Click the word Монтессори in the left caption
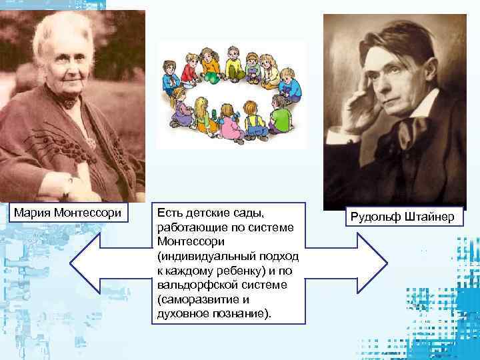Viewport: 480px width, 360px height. tap(91, 213)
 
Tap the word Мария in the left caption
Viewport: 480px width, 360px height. tap(35, 213)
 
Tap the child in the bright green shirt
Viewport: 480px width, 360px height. tap(280, 117)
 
